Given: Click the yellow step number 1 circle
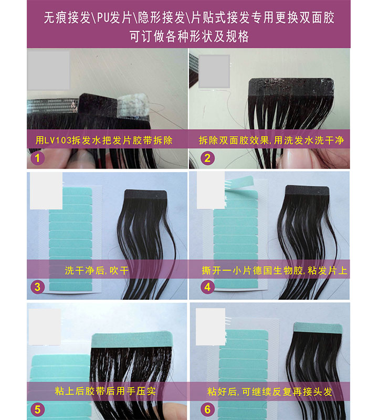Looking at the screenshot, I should [x=37, y=157].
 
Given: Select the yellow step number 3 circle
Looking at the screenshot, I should [x=37, y=287].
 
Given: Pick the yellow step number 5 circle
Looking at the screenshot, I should [x=37, y=408].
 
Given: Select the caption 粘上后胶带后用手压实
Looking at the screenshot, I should [x=105, y=392].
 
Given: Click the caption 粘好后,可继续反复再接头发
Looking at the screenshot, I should [x=269, y=392].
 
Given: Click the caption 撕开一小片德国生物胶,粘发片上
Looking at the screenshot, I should [x=274, y=271].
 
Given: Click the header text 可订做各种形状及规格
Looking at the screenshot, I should [x=189, y=37].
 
